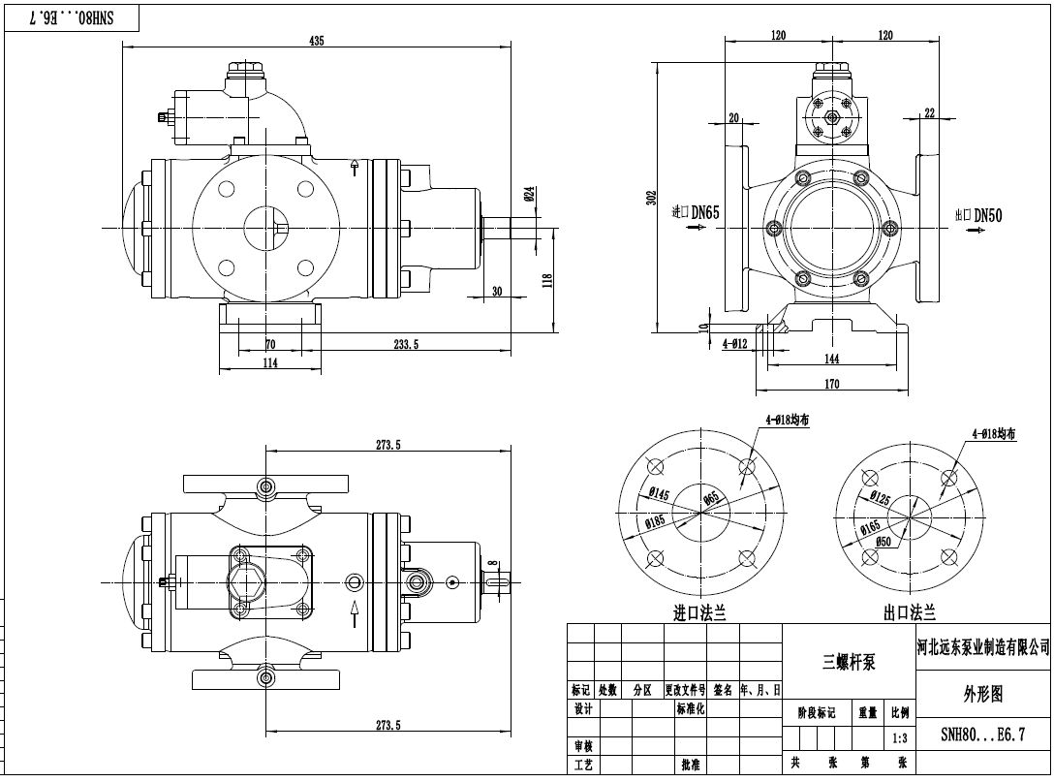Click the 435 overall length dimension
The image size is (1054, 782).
click(317, 41)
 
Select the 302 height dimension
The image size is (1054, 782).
click(652, 197)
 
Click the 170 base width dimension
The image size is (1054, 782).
click(831, 384)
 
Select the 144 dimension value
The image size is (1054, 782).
click(831, 359)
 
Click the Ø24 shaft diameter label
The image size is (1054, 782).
click(529, 193)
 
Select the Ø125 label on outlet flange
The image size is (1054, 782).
click(879, 499)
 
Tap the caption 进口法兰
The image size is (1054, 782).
click(699, 612)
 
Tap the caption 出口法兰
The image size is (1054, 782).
click(909, 612)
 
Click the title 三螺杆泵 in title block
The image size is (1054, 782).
click(849, 663)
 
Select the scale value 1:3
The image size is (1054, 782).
click(900, 737)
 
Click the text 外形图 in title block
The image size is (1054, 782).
click(981, 694)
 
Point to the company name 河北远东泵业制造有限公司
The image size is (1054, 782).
click(982, 648)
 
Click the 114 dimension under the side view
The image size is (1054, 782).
click(269, 362)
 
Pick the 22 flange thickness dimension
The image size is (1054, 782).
click(929, 112)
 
